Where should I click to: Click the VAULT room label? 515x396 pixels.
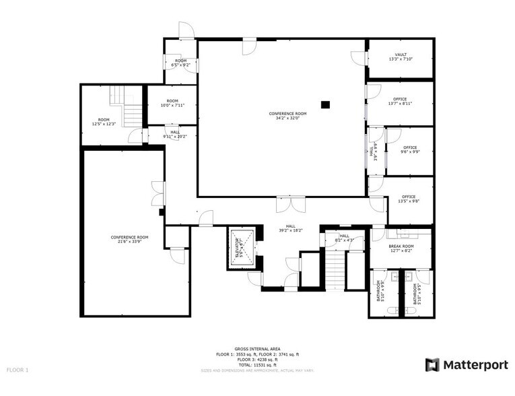[401, 55]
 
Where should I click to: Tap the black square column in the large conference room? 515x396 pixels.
[326, 104]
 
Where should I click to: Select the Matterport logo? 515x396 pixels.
[467, 364]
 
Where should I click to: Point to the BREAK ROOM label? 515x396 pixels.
[401, 246]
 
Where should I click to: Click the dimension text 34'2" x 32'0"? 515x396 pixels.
[287, 119]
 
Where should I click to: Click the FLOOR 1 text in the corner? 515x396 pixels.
[18, 370]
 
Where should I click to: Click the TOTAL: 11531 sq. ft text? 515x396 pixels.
[257, 364]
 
